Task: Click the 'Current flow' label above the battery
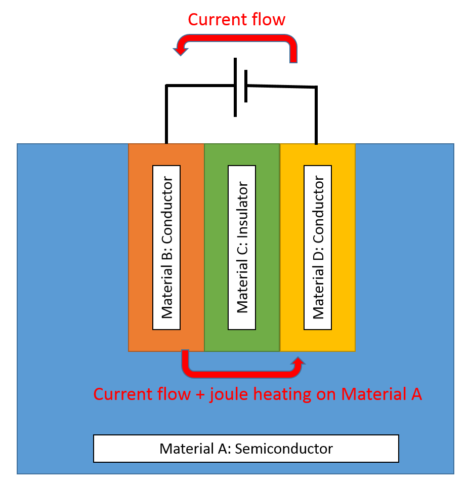236,20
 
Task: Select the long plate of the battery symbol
235,87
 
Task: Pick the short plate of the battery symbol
246,86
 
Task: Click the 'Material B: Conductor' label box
166,247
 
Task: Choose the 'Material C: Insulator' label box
242,247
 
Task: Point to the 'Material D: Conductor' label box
317,247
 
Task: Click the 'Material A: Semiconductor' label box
246,448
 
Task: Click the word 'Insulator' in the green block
242,208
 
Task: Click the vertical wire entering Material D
316,116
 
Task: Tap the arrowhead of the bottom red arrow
299,361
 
